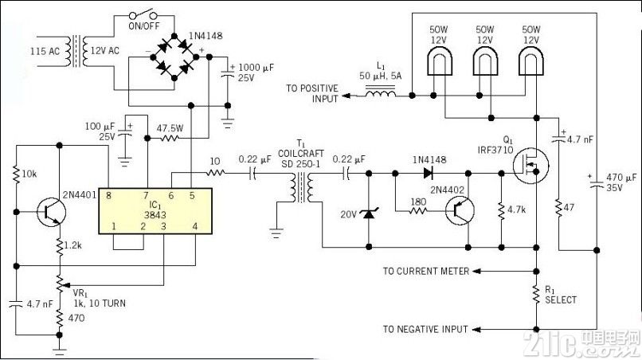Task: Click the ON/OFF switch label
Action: coord(143,25)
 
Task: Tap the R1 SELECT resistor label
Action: coord(560,295)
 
